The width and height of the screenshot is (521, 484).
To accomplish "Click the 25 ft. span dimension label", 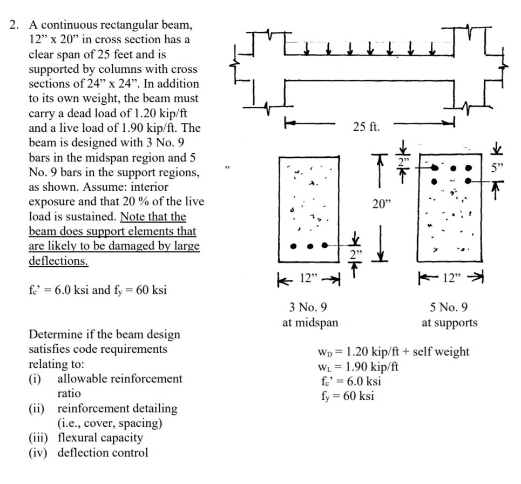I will point(367,127).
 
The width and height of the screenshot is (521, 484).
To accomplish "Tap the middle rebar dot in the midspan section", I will point(309,246).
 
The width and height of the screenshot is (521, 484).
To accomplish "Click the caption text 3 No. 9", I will point(308,307).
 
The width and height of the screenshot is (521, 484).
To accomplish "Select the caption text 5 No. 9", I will point(449,307).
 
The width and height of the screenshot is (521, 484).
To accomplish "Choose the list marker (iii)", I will point(39,438).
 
